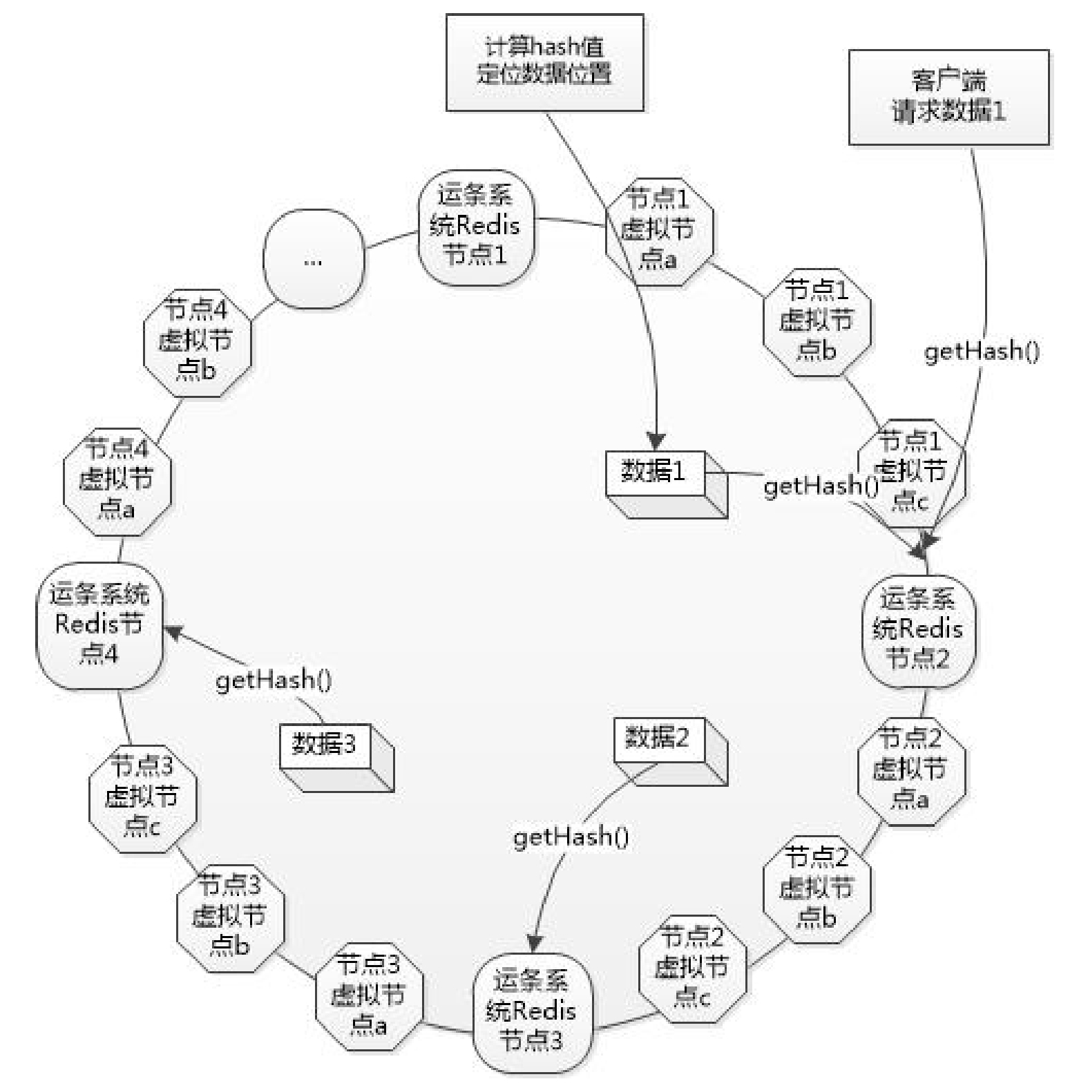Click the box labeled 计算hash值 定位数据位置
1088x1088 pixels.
(544, 62)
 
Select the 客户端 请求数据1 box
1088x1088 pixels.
(948, 97)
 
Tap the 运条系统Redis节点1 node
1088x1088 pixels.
(476, 227)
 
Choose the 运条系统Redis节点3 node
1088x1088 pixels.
(531, 1012)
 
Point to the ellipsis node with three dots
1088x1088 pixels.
(313, 260)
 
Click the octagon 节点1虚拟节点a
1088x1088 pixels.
(658, 231)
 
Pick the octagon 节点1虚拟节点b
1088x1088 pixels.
(817, 321)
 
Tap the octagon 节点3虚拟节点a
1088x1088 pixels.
(368, 995)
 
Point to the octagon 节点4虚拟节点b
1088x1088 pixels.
(197, 341)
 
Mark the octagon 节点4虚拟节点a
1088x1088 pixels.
(117, 481)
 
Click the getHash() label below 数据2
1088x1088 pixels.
(571, 837)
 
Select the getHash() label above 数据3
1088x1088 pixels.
(274, 681)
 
